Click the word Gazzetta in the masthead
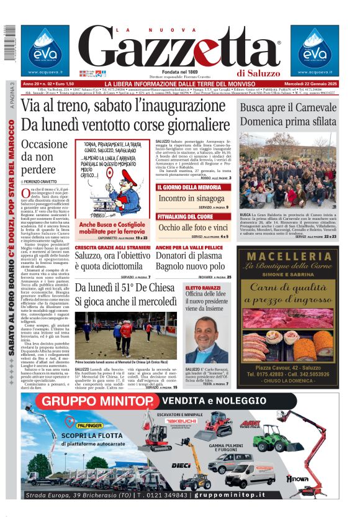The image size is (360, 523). [x=180, y=48]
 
